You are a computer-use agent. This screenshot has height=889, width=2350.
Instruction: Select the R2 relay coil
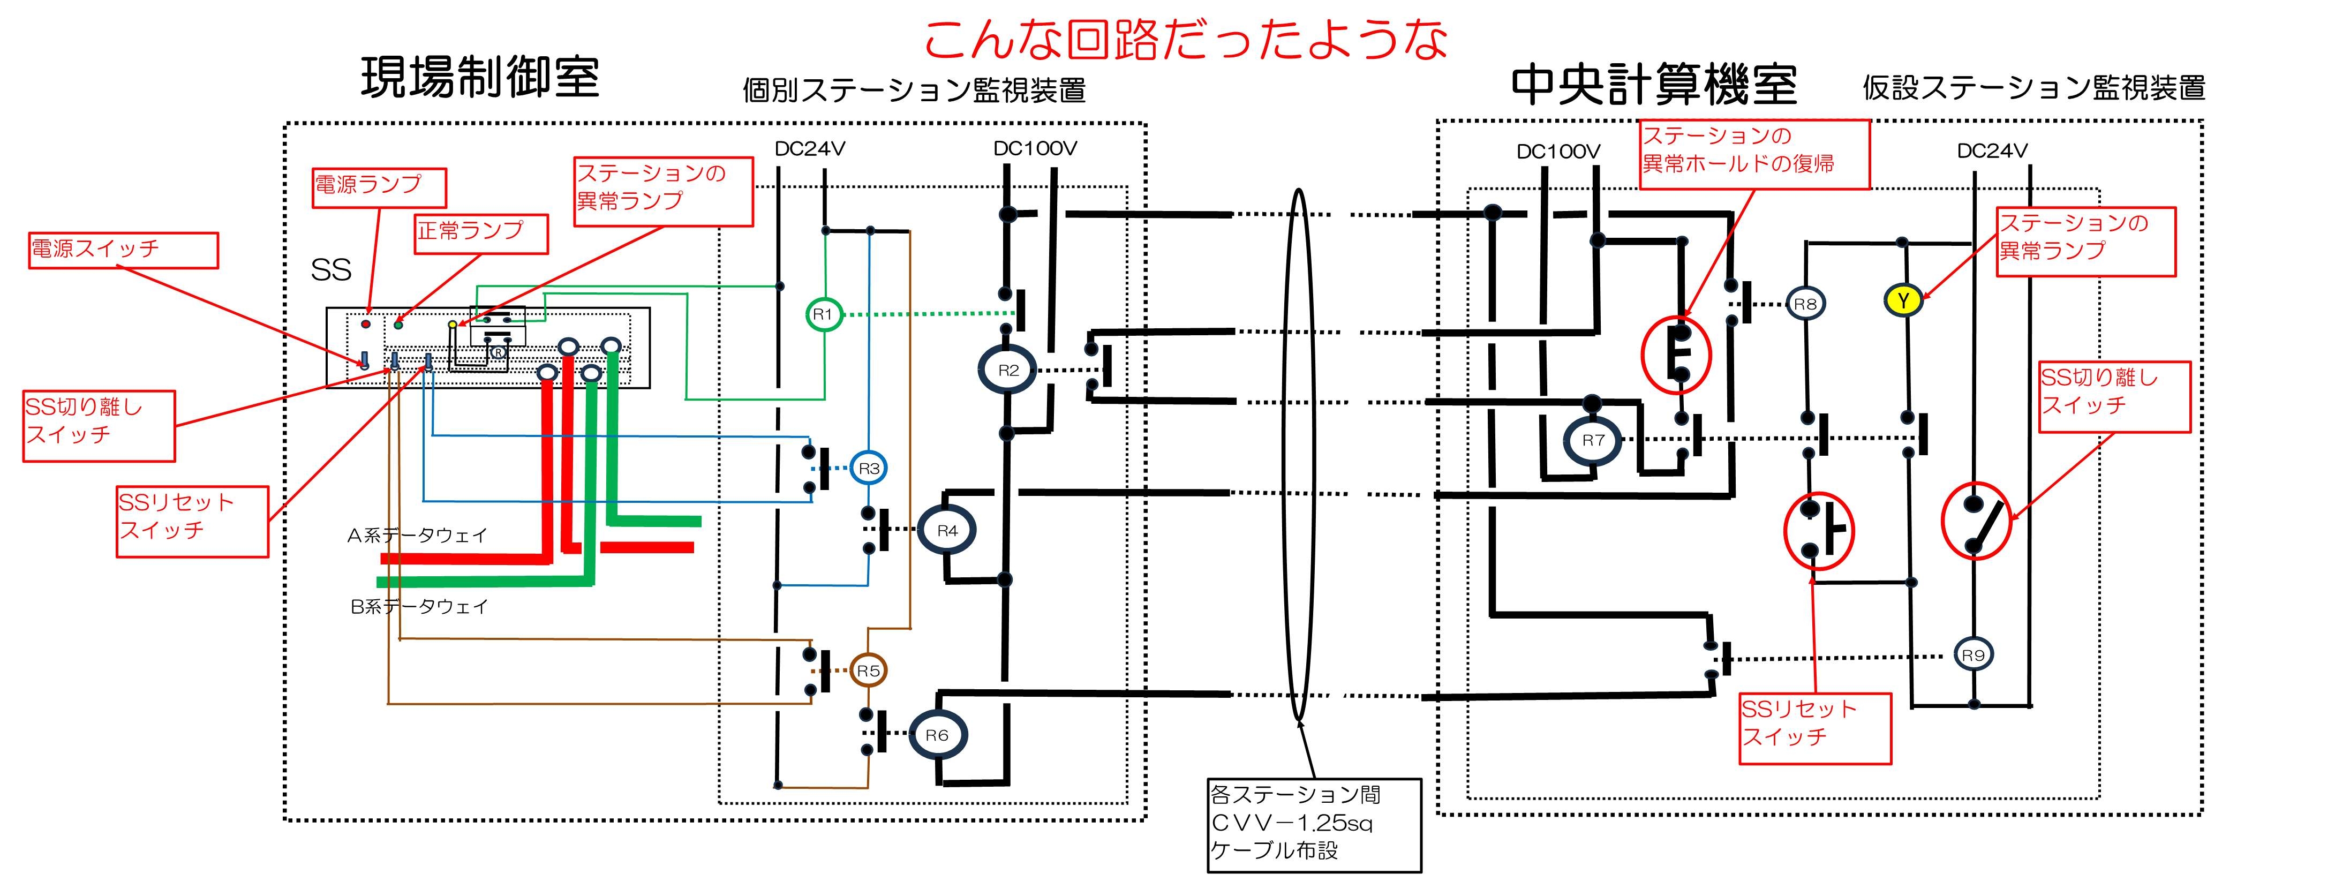[x=1008, y=370]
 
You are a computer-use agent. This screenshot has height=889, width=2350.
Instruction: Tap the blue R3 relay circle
[x=869, y=469]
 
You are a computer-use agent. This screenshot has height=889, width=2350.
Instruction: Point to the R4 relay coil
[x=947, y=531]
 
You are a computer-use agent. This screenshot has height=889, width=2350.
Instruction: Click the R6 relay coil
[x=937, y=735]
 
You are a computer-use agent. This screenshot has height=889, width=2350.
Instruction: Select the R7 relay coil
[x=1593, y=440]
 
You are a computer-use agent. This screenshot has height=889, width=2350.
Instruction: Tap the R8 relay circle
[x=1805, y=304]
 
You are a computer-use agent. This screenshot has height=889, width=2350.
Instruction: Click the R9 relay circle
[x=1973, y=654]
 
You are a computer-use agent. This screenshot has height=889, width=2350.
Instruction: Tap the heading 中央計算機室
[x=1654, y=85]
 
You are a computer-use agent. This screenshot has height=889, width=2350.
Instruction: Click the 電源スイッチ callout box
[x=123, y=250]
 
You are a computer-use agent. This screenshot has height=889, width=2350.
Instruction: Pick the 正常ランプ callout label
[x=481, y=233]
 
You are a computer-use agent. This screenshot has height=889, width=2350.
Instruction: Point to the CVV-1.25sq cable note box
[x=1314, y=824]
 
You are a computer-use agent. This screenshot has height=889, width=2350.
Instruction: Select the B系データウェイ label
[x=420, y=606]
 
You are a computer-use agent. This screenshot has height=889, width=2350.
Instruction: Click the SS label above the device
[x=331, y=270]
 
